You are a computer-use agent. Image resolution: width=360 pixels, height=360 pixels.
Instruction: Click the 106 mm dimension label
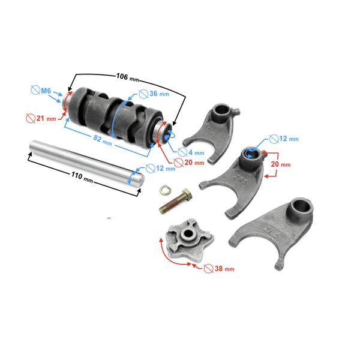point(128,77)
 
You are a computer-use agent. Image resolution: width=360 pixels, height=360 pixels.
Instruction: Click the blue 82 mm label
point(103,140)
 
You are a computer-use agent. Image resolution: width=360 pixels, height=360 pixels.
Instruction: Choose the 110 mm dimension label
point(82,177)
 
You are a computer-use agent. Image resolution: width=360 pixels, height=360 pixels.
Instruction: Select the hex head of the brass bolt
point(187,194)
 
